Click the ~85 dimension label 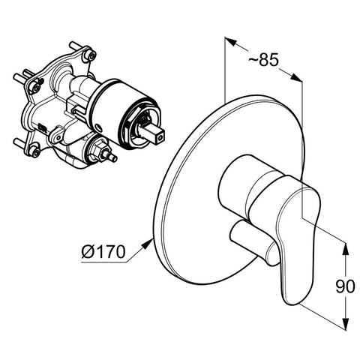click(263, 60)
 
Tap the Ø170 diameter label click(103, 251)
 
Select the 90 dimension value click(345, 286)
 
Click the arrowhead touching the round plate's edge click(148, 244)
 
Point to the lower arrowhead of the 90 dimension click(345, 325)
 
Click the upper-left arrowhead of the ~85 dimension click(231, 42)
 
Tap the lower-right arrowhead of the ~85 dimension click(296, 77)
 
